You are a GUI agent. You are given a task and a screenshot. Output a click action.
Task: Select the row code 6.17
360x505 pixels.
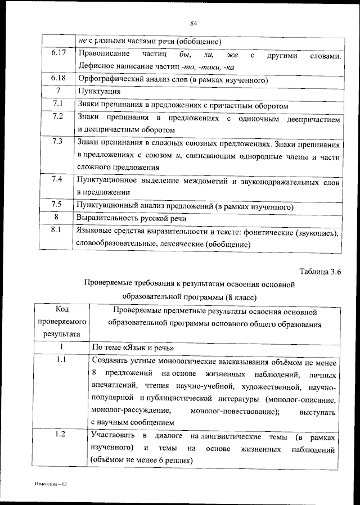click(57, 53)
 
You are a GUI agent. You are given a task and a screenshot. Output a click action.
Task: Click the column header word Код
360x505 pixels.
click(62, 311)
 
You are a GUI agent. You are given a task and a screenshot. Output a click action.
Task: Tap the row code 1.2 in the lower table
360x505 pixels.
click(62, 434)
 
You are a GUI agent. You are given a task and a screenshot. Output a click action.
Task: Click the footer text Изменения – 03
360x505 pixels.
click(51, 483)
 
